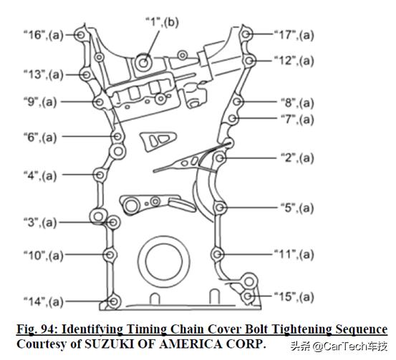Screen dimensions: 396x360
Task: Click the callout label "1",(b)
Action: (x=162, y=22)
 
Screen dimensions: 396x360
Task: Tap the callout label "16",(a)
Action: (x=43, y=35)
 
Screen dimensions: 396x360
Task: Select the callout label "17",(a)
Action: (x=294, y=35)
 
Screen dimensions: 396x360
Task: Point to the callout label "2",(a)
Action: (x=297, y=158)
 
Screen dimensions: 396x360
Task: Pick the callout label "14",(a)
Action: (x=43, y=301)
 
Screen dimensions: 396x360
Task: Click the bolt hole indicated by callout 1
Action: (x=143, y=62)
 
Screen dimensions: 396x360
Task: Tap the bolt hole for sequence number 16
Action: (x=81, y=35)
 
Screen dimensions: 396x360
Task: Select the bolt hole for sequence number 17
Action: (x=246, y=34)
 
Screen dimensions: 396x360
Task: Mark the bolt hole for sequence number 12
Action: (x=249, y=61)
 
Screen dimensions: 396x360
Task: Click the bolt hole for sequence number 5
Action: (x=219, y=208)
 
